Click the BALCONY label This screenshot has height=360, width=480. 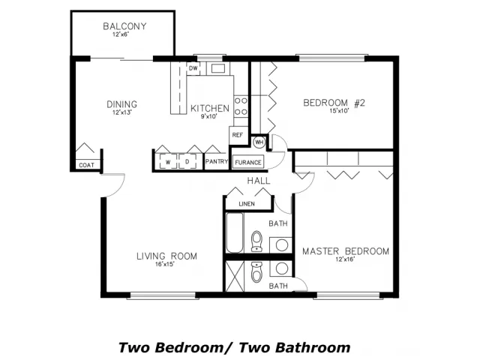pos(124,26)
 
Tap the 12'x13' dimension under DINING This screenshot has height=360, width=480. pos(121,112)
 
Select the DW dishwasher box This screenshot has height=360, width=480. pos(193,68)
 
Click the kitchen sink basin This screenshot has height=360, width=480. pos(218,68)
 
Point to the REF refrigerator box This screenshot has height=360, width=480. pos(238,135)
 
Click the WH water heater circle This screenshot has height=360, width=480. pos(259,142)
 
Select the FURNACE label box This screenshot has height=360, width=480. pos(248,162)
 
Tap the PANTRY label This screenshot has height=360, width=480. pos(217,161)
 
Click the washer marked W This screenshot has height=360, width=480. pos(168,161)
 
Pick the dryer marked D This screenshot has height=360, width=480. pos(187,161)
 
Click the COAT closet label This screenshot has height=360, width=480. pos(87,165)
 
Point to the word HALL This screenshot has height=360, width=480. pos(259,181)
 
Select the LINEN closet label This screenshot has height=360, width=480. pos(247,204)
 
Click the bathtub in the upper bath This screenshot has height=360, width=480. pos(235,232)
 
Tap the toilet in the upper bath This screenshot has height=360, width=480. pos(256,241)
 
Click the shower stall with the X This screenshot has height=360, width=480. pos(235,277)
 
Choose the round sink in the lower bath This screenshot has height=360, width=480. pos(282,268)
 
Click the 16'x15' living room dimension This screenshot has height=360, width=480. pos(165,264)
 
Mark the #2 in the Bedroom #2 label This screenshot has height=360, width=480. pos(359,103)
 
